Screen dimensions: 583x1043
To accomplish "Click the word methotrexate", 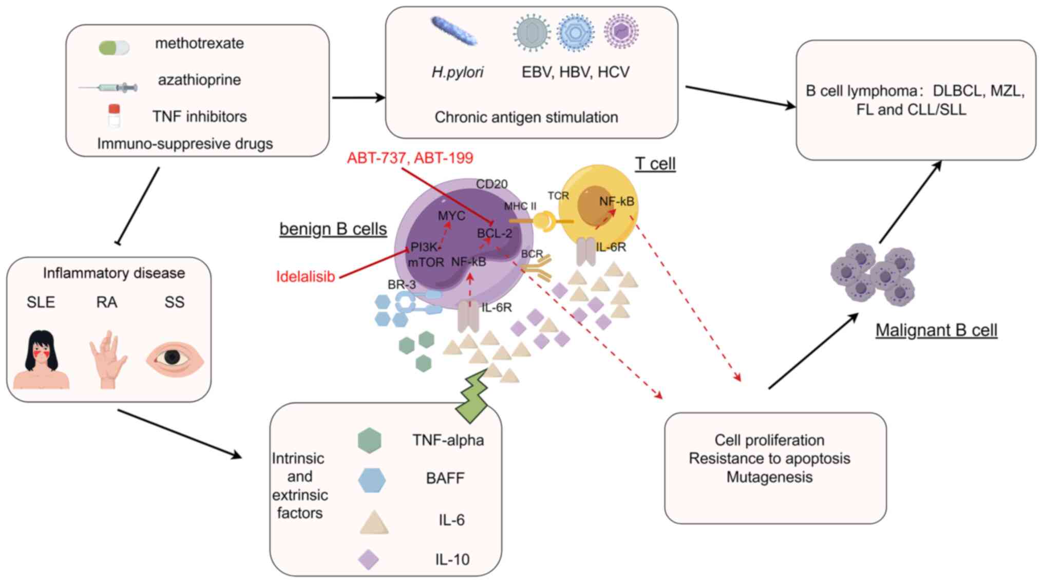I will coord(199,43).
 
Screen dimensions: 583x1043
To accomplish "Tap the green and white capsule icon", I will coord(114,48).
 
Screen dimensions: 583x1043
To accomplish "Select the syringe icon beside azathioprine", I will coord(109,88).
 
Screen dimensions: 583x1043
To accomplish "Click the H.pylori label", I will coord(457,72).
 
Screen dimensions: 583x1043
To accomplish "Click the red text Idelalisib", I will coord(306,277).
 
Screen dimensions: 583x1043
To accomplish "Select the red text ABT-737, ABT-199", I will coord(410,158).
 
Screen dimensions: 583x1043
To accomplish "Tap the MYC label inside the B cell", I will coord(451,216).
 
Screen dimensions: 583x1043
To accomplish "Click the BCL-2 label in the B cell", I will coord(494,233).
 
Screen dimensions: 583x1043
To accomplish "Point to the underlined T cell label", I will coord(655,164).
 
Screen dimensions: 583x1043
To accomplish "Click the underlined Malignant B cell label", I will coord(936,330).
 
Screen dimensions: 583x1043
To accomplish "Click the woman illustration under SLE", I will coord(41,360).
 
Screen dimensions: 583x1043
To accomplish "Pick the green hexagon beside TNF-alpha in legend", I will coord(370,440).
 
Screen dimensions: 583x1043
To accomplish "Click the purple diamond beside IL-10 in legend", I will coord(368,559).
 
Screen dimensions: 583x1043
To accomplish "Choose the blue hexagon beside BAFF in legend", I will coord(371,480).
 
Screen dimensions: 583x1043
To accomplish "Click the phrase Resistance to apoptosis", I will coord(769,458).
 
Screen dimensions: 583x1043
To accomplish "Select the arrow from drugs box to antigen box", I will coord(358,98).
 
